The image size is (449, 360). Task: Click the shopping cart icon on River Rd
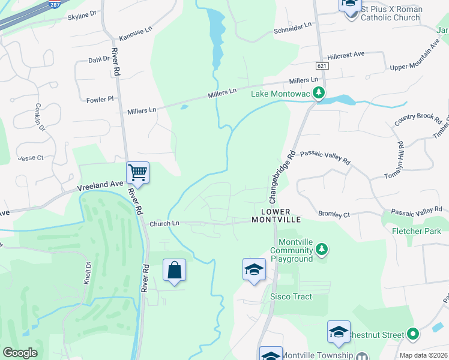137,173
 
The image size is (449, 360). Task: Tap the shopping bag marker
174,271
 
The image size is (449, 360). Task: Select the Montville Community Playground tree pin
322,248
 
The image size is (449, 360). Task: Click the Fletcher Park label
416,231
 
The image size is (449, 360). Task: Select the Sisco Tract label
289,296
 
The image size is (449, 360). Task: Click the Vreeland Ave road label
99,187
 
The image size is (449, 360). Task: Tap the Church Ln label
164,223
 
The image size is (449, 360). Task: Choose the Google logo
20,353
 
